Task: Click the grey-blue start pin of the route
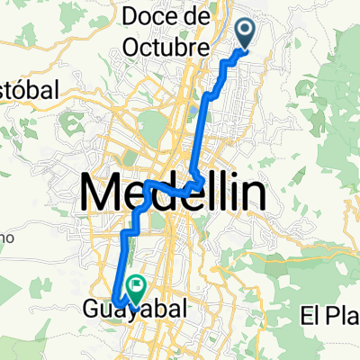pos(247,31)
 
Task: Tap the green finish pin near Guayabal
pos(137,287)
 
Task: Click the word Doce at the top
pos(148,18)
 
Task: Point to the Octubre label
pos(166,45)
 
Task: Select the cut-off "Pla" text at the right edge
pos(345,316)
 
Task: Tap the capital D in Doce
pos(128,18)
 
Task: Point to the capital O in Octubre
pos(130,45)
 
